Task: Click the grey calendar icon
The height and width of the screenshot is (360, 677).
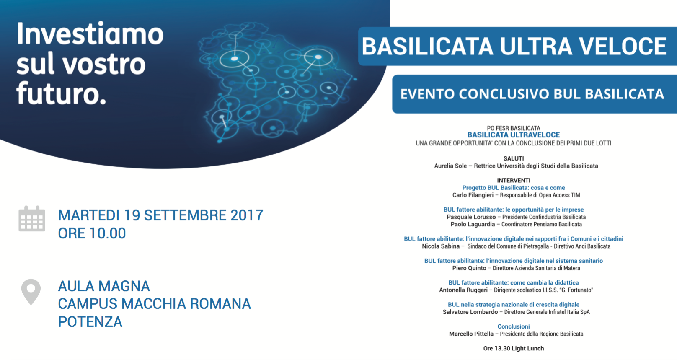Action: (32, 218)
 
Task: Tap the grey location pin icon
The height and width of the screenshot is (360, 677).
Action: (31, 292)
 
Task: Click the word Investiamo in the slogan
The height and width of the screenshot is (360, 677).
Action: (90, 34)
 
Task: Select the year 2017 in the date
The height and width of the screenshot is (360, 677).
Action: (247, 215)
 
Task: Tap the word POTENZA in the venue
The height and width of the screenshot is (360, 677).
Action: (90, 321)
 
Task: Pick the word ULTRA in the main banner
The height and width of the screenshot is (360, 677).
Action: (535, 46)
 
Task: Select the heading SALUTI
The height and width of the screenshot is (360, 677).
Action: (514, 158)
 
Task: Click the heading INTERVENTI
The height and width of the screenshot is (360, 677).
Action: (514, 181)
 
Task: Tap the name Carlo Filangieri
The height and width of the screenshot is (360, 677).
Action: (473, 195)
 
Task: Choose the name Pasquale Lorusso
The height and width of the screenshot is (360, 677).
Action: (471, 217)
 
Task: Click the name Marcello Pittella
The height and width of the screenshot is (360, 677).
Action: (471, 334)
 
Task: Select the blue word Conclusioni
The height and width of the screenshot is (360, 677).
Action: (514, 326)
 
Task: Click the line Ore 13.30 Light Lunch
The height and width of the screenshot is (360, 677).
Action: (514, 349)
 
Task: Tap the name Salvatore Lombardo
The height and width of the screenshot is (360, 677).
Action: (470, 312)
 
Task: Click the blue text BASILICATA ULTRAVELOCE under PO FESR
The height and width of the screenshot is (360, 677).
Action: (514, 135)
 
